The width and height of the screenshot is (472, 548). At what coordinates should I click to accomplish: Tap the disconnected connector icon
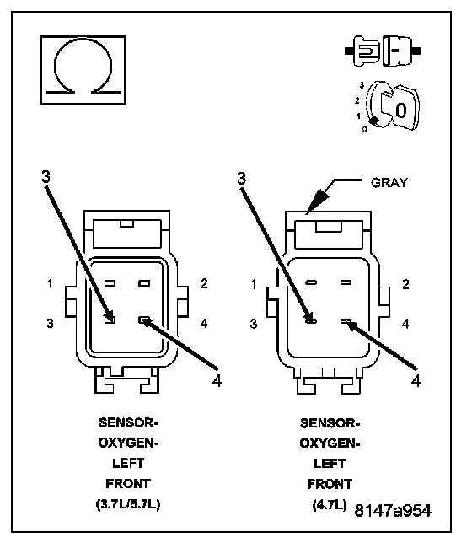[383, 51]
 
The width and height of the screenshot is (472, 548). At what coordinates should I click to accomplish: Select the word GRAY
[389, 183]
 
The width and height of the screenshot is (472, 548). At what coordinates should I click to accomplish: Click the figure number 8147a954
[393, 511]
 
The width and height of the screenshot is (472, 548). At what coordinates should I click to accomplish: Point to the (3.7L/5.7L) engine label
[128, 504]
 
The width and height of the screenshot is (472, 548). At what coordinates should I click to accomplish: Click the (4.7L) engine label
[329, 505]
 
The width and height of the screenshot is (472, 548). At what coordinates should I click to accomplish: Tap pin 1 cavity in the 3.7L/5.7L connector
[110, 283]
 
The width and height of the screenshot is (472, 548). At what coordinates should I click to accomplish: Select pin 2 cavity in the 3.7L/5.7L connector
[144, 283]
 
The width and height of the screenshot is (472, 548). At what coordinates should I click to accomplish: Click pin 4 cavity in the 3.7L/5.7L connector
[144, 320]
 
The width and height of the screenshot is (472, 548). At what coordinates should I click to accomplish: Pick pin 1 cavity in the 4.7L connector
[311, 282]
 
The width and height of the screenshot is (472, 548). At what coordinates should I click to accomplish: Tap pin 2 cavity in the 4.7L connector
[346, 282]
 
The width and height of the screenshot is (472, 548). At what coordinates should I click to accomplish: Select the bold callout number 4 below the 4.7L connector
[416, 380]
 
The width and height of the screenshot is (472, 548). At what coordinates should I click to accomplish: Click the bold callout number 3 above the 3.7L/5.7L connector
[46, 177]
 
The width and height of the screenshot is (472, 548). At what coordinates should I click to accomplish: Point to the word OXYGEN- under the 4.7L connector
[330, 443]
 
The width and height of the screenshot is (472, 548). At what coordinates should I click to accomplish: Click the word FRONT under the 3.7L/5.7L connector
[128, 484]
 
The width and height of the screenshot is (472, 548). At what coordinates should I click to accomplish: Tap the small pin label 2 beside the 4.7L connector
[405, 284]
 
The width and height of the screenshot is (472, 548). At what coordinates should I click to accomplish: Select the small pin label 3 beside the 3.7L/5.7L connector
[50, 323]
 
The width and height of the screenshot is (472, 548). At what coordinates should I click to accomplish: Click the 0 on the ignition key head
[401, 110]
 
